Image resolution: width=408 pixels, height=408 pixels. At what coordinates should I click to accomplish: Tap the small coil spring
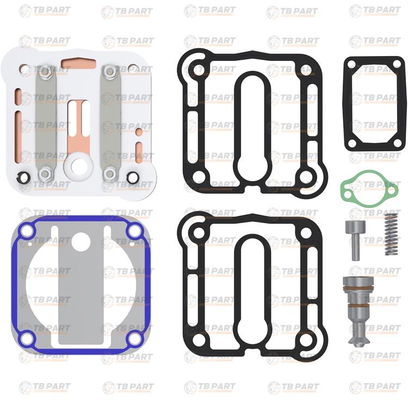pos(391,234)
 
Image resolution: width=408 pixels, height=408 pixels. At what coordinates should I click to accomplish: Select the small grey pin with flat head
pos(356,239)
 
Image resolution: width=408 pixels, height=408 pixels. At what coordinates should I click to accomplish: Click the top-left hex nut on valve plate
pos(45,71)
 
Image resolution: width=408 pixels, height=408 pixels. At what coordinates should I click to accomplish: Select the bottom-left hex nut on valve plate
pos(45,174)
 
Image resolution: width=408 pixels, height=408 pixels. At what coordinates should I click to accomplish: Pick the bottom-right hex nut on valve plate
pos(110,174)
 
